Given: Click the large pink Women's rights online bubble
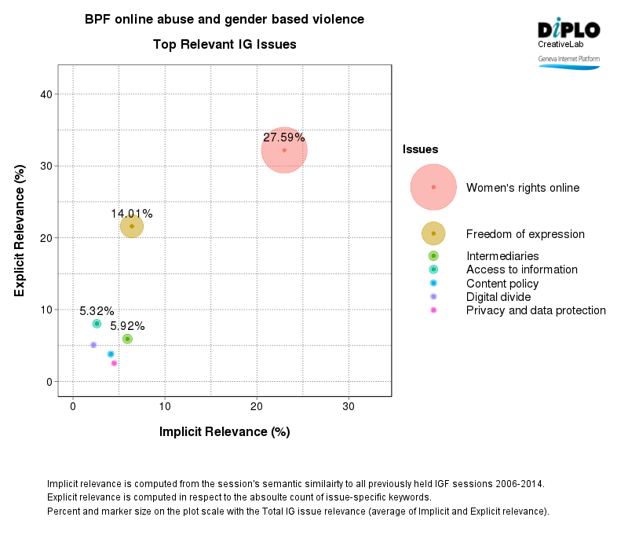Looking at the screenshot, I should point(284,150).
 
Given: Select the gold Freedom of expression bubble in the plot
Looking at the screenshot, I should point(132,226).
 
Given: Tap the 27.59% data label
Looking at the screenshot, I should point(284,137).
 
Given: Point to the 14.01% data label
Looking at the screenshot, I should point(132,214).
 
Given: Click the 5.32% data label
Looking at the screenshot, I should point(97,311).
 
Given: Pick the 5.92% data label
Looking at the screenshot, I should point(127,326).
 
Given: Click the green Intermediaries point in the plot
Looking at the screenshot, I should point(127,339).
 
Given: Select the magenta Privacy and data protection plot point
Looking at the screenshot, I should point(114,363).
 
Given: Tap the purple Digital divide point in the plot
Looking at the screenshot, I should point(93,345).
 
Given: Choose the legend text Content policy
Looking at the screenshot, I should point(502,284).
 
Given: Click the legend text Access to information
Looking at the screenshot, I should point(521,269).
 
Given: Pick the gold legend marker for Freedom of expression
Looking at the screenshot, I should point(433,233).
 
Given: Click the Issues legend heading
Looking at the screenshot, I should point(420,149).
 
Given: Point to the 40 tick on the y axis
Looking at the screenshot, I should point(46,94).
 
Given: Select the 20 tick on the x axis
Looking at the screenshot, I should point(257,406).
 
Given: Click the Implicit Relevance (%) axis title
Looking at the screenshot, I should point(225,431).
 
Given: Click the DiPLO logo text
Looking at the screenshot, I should point(568,30).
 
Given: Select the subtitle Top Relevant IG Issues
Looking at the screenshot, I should point(225,45).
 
